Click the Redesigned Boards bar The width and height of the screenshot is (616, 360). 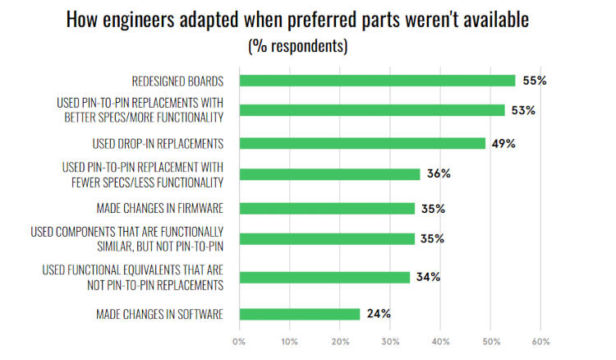coord(377,81)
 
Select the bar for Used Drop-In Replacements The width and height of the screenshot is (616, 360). coord(362,143)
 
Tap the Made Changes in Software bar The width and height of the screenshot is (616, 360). coord(299,313)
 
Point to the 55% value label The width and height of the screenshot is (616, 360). coord(532,81)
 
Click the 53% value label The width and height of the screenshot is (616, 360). coord(522,110)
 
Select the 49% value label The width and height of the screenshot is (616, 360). coord(502,143)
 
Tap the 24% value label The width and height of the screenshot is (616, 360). coord(377,313)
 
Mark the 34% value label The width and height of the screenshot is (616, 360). coord(427,277)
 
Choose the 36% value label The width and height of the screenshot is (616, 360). coord(437,174)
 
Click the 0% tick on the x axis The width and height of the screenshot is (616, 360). coord(239,340)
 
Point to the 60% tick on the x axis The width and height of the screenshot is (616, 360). coord(540,340)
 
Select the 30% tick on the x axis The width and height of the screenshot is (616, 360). coord(390,340)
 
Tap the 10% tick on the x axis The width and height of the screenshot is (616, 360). coord(289,340)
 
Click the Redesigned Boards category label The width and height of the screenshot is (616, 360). coord(178,81)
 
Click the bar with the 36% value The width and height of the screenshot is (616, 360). coord(329,174)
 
